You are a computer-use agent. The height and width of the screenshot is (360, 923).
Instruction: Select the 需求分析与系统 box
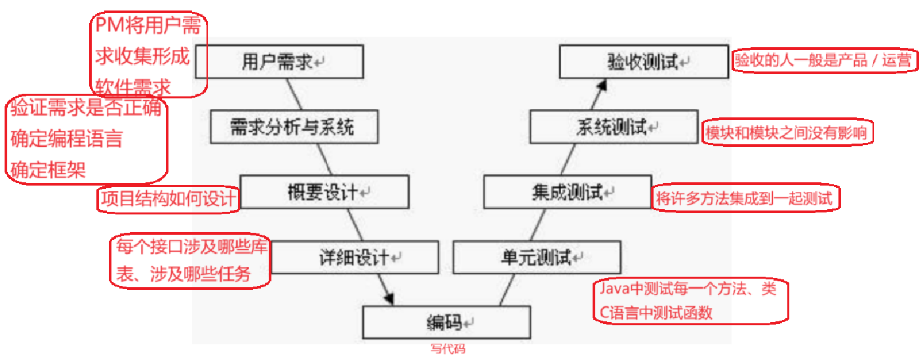pos(295,127)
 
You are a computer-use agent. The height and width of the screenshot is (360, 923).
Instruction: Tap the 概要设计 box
pos(324,191)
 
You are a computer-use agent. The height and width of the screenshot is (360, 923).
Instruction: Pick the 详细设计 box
pos(355,257)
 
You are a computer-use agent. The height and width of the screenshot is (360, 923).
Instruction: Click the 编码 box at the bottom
pos(446,322)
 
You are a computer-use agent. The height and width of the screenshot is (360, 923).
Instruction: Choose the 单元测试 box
pos(536,257)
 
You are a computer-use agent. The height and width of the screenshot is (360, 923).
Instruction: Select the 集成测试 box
pos(567,191)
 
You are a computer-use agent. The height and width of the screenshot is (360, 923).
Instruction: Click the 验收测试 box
pos(643,62)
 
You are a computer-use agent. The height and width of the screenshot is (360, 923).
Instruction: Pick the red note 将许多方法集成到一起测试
pos(747,198)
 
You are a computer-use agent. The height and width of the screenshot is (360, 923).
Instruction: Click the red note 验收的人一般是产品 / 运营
pos(823,61)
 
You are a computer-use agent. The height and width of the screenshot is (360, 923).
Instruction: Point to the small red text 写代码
pos(447,350)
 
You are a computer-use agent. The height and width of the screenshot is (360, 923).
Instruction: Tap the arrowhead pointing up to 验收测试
pos(604,85)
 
